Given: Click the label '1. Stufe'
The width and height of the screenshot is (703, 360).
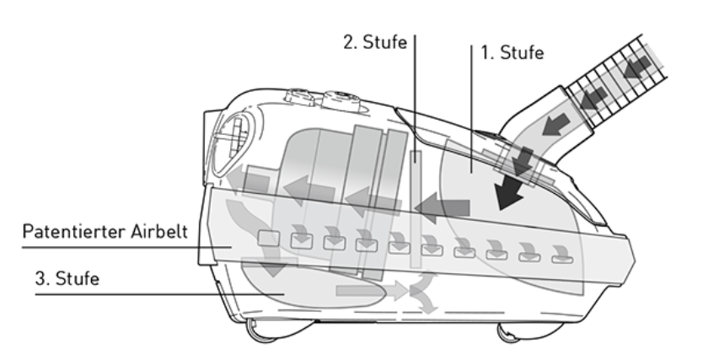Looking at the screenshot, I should tap(512, 53).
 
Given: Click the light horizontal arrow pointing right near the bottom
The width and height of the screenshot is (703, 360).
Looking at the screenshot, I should tap(362, 292).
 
